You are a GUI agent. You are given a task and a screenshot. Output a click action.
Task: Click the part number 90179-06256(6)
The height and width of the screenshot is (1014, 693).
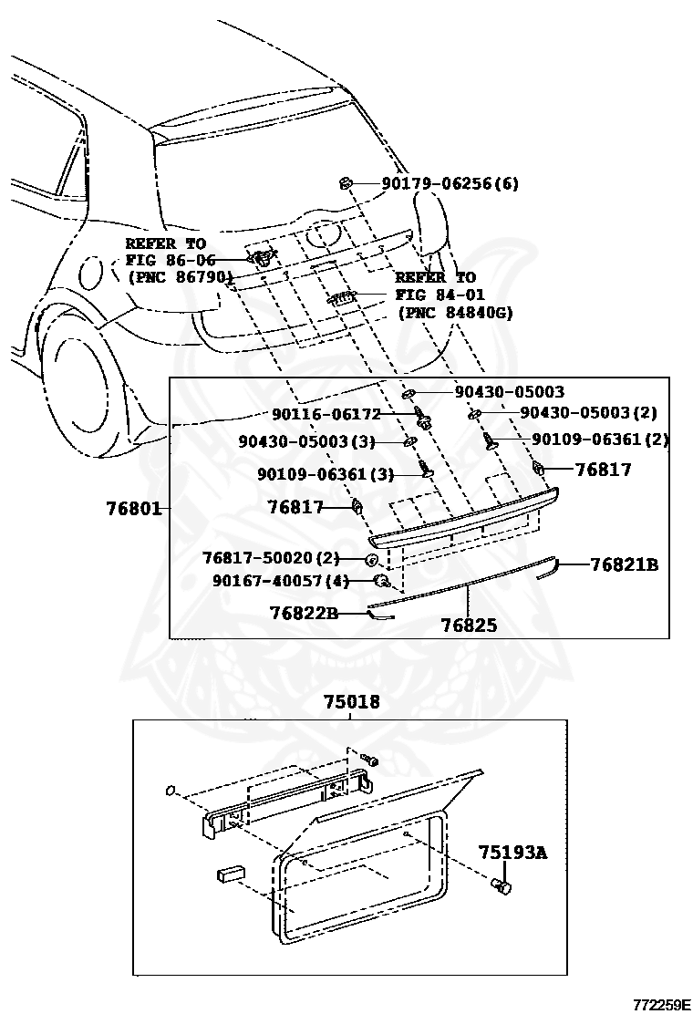(450, 183)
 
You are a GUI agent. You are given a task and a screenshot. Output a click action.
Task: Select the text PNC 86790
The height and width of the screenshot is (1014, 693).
(179, 275)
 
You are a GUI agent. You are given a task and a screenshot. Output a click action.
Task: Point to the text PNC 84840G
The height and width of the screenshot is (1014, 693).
(455, 312)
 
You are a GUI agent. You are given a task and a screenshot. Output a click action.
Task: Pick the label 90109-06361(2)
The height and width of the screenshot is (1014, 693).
(600, 440)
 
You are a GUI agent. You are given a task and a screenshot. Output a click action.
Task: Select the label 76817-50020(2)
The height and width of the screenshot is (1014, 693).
(271, 557)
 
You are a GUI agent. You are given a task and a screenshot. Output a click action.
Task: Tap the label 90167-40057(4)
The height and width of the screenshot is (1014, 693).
(281, 580)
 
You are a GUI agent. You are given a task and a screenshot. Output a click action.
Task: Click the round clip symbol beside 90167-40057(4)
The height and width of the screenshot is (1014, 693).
(384, 580)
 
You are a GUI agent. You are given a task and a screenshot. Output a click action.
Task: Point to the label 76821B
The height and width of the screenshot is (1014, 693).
(624, 564)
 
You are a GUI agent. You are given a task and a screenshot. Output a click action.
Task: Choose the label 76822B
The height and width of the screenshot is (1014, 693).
(304, 614)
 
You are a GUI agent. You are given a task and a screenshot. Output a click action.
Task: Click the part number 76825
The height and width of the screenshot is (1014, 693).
(469, 626)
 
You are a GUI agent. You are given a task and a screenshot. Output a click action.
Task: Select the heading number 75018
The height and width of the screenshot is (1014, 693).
(351, 702)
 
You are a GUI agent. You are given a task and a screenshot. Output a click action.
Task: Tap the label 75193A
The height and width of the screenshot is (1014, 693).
(512, 853)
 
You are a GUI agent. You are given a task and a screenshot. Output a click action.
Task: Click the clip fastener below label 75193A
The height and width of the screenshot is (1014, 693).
(502, 885)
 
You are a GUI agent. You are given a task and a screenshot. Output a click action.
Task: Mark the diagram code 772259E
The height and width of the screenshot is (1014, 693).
(661, 1004)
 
